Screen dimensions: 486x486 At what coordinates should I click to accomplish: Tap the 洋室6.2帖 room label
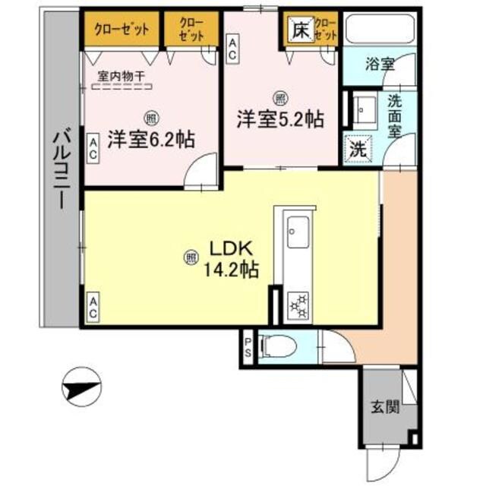tap(150, 140)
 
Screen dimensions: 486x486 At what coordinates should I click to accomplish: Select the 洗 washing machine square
tap(356, 149)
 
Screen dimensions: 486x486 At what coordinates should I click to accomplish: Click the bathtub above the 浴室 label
tap(377, 30)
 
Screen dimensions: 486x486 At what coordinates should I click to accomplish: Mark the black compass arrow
tap(80, 387)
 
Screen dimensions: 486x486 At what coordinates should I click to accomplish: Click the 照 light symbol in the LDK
tap(188, 258)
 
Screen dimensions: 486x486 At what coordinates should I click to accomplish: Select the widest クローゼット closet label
tap(121, 30)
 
